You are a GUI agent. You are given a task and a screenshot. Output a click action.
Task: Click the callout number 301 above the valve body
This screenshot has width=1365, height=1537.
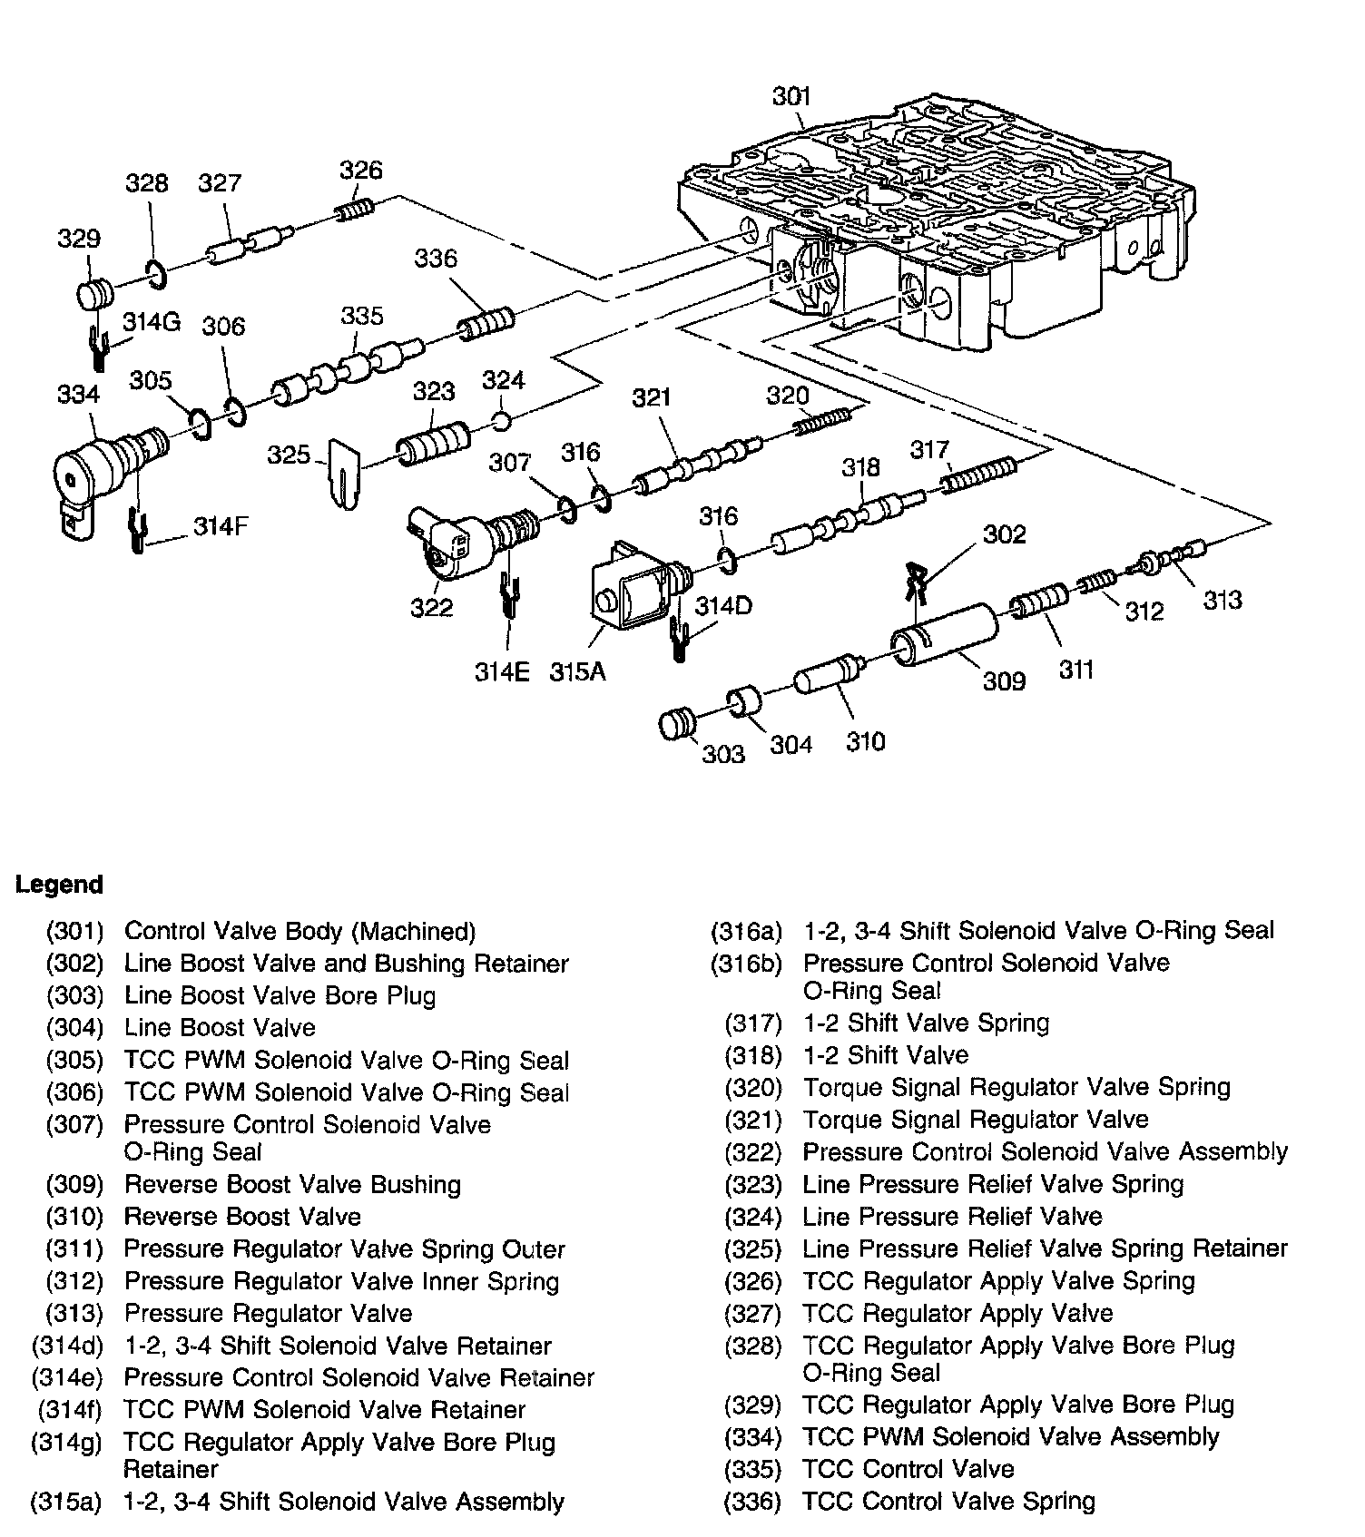791,96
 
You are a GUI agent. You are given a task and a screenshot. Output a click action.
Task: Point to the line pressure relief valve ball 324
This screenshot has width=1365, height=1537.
503,420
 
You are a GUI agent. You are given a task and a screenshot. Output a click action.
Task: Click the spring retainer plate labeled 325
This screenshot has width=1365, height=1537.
344,474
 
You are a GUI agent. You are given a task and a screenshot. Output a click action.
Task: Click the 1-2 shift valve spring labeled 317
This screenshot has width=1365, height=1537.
979,474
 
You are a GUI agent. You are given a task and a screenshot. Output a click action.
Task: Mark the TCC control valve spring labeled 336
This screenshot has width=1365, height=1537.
488,322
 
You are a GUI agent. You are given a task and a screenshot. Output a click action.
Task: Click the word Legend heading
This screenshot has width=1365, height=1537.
60,885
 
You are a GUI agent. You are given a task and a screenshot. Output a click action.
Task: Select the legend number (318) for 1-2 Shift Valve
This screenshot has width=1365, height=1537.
752,1055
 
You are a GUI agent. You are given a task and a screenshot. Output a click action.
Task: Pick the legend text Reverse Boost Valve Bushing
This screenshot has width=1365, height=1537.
292,1184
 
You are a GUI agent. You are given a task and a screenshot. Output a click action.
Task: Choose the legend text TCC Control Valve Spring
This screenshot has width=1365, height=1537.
948,1502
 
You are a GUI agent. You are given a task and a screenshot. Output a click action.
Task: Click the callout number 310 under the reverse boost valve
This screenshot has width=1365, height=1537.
865,742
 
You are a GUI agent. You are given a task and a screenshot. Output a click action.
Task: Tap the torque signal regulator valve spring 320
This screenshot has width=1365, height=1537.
822,421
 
